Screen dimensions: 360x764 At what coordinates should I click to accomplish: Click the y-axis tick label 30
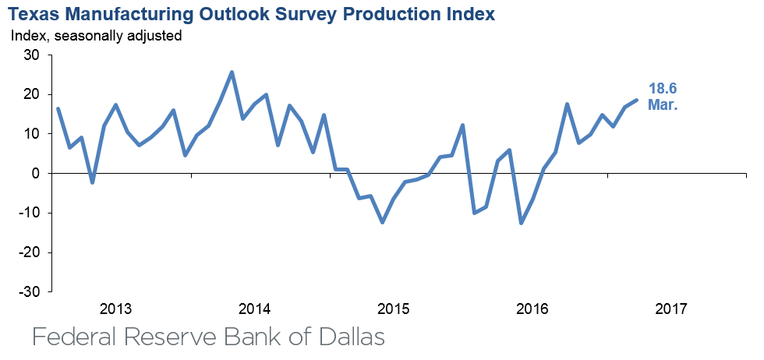[x=31, y=55]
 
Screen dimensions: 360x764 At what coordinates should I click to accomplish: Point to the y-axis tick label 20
[x=31, y=94]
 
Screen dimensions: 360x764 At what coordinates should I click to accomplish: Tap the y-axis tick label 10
[x=31, y=134]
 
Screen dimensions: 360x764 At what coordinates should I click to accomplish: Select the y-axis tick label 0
[x=35, y=174]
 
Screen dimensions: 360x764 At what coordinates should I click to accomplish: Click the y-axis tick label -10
[x=29, y=213]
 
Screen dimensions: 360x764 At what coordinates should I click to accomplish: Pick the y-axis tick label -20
[x=29, y=252]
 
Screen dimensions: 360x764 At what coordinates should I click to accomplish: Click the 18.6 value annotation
[x=662, y=89]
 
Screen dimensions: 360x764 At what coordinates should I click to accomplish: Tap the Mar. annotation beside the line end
[x=663, y=104]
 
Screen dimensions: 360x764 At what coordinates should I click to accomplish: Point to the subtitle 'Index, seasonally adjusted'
[x=96, y=36]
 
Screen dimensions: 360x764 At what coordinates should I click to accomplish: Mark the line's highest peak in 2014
[x=232, y=72]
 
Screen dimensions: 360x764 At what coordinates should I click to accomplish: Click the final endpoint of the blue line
[x=636, y=100]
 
